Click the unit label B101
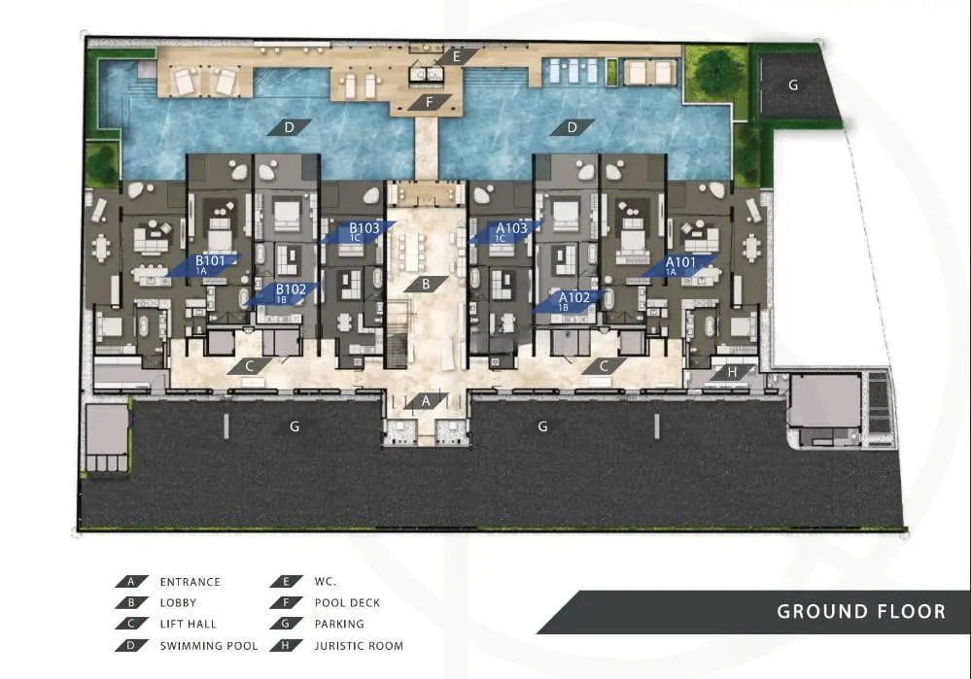pyautogui.click(x=210, y=260)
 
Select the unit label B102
pyautogui.click(x=291, y=289)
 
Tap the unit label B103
pyautogui.click(x=364, y=227)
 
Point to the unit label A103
pyautogui.click(x=511, y=227)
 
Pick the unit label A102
pyautogui.click(x=574, y=297)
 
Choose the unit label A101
pyautogui.click(x=680, y=262)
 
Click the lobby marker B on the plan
pyautogui.click(x=426, y=284)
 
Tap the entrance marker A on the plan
pyautogui.click(x=426, y=401)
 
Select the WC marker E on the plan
pyautogui.click(x=457, y=56)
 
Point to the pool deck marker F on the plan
pyautogui.click(x=430, y=102)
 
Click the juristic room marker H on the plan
pyautogui.click(x=733, y=372)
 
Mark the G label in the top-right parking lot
pyautogui.click(x=793, y=85)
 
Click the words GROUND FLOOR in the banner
pyautogui.click(x=861, y=612)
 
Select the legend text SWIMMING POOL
pyautogui.click(x=209, y=646)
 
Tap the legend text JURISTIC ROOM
pyautogui.click(x=359, y=646)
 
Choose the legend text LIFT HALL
pyautogui.click(x=189, y=624)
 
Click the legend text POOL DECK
pyautogui.click(x=347, y=602)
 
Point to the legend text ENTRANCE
pyautogui.click(x=191, y=581)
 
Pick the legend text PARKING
pyautogui.click(x=339, y=624)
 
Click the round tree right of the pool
pyautogui.click(x=716, y=70)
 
